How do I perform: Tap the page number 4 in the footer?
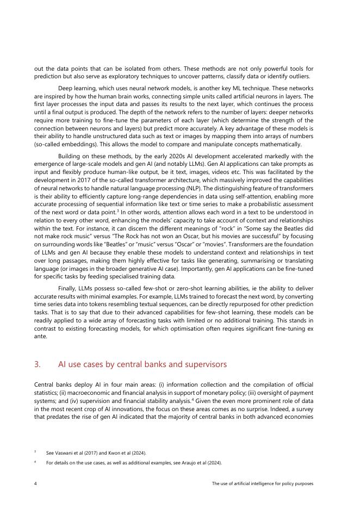pos(35,483)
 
